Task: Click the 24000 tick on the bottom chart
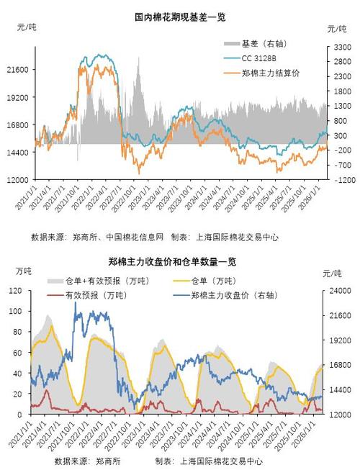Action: [338, 291]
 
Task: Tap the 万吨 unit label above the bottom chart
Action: [24, 271]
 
